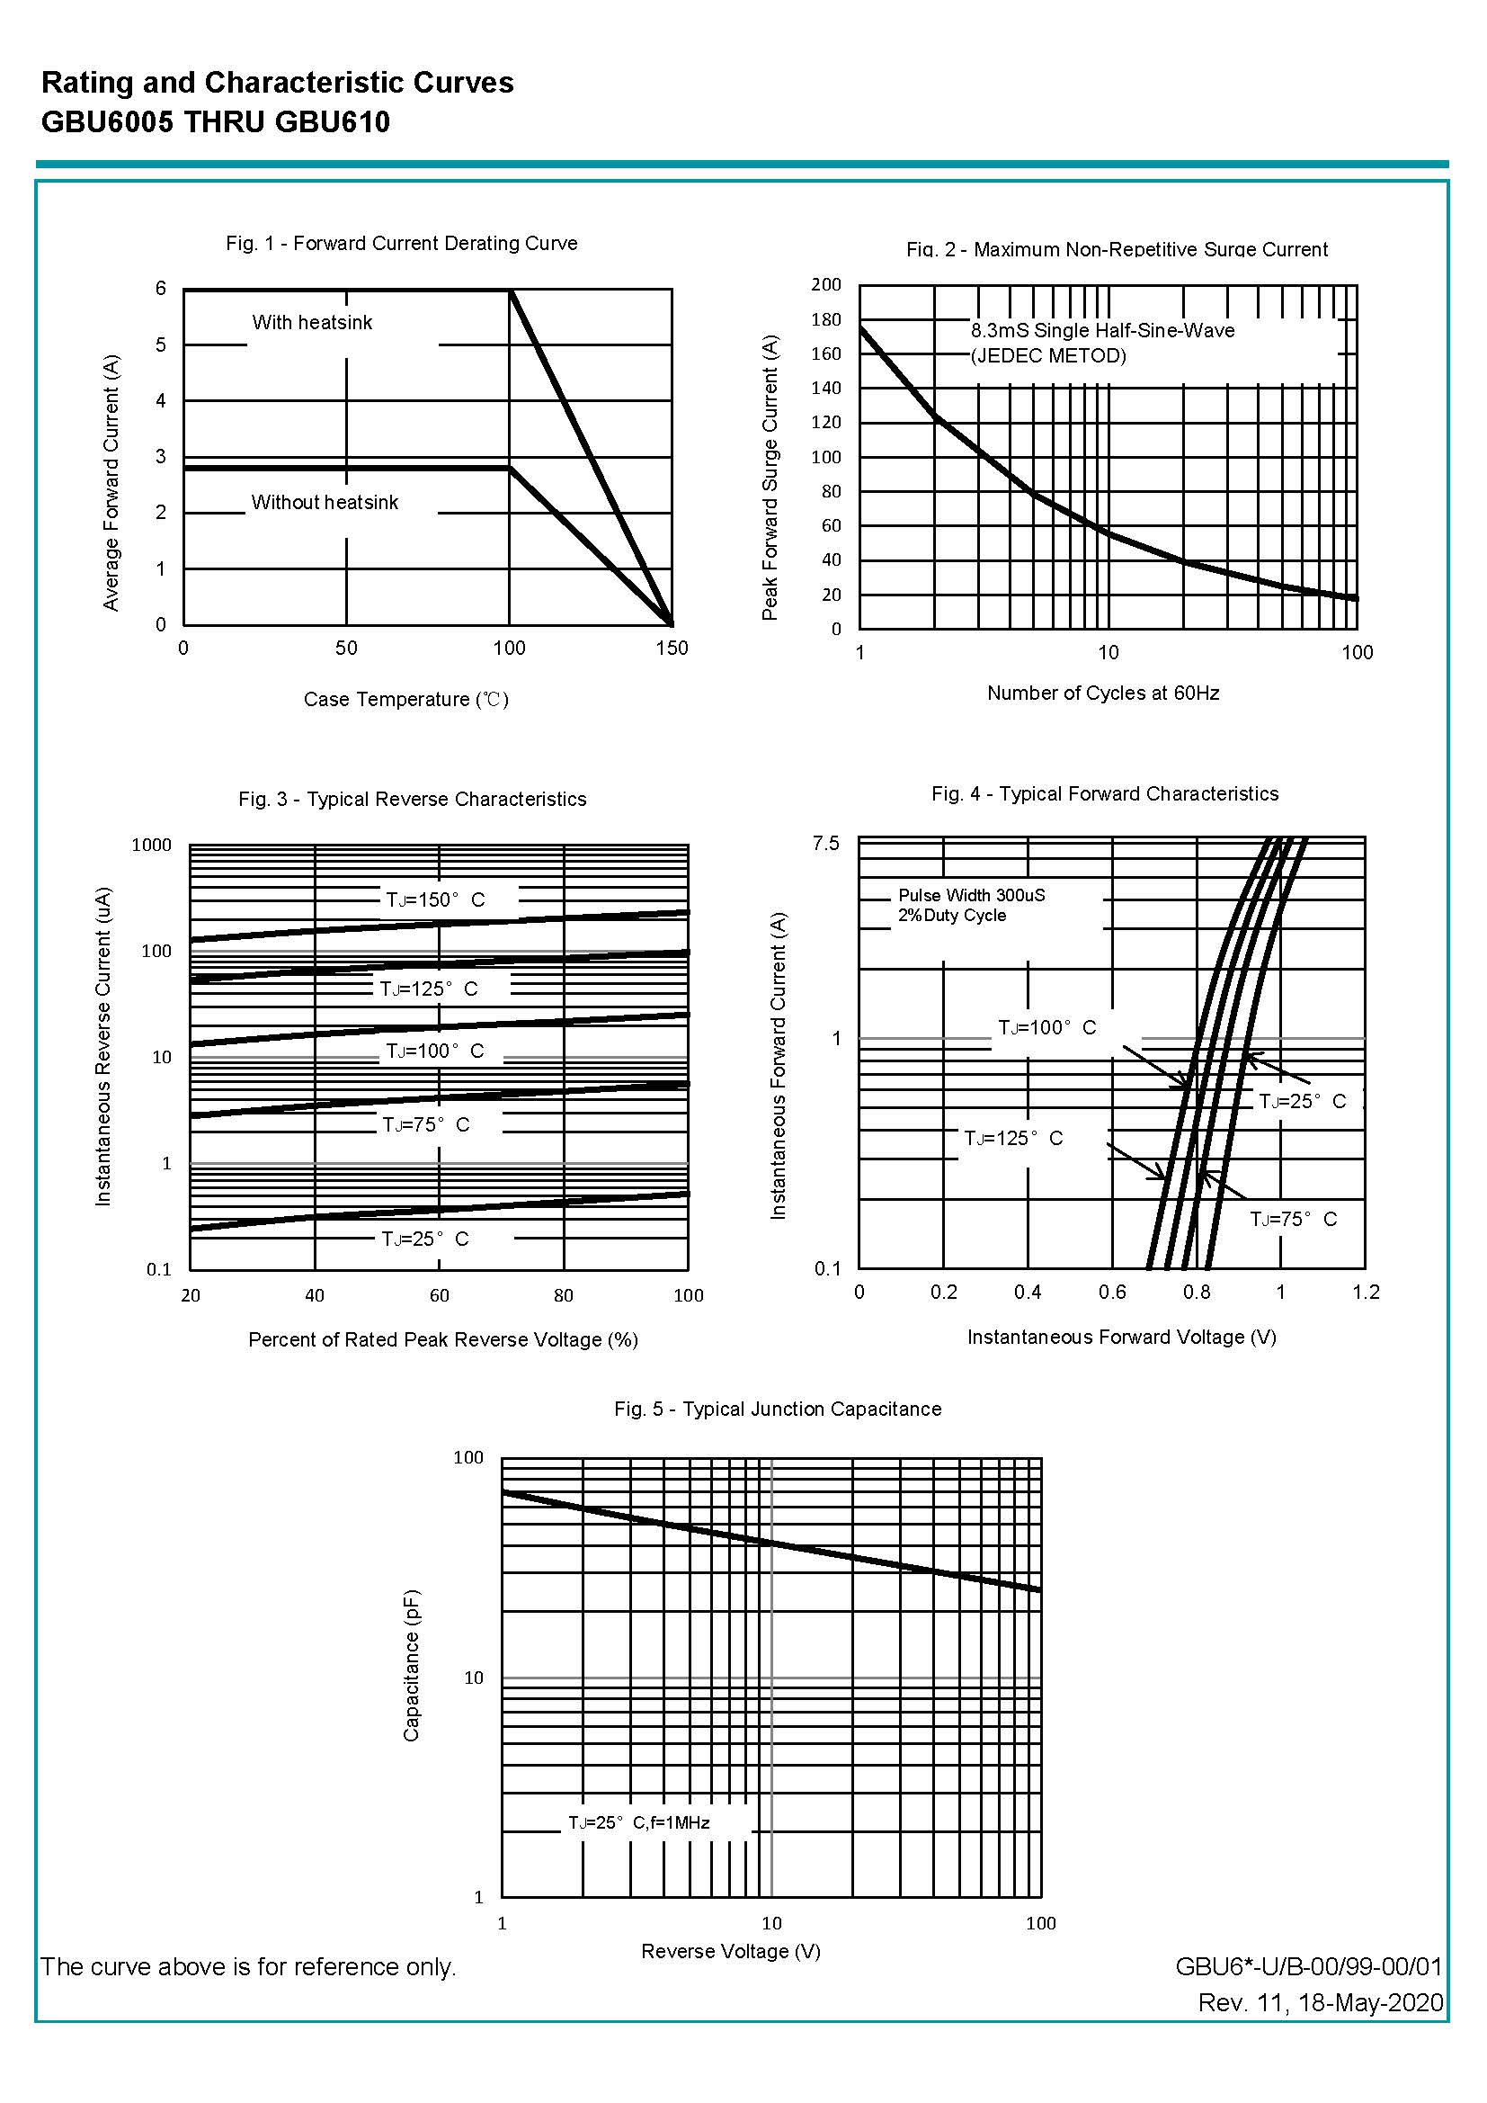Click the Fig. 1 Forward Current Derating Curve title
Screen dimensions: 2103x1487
pos(401,244)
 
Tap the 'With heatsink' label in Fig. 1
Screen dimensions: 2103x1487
pos(312,322)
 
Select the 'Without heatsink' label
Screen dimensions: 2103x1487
pos(325,502)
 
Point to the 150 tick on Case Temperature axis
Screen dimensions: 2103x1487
pos(672,649)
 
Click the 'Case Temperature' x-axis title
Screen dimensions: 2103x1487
pos(405,700)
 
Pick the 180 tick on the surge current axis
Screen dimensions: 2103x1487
pos(825,319)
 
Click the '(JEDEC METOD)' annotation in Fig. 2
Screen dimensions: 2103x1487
pos(1048,355)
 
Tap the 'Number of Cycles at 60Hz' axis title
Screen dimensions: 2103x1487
pos(1102,694)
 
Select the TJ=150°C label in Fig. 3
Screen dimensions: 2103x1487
pos(435,900)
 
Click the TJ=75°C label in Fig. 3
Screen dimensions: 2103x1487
pos(426,1124)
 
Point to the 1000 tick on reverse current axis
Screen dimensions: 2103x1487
pos(151,846)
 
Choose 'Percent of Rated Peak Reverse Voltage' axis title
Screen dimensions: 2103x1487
pos(442,1340)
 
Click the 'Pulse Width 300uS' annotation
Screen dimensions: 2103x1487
pos(971,895)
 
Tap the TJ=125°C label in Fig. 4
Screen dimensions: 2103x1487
pos(1012,1139)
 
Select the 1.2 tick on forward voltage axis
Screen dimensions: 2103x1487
pos(1366,1293)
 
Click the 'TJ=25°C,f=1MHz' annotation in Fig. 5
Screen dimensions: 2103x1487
pos(638,1822)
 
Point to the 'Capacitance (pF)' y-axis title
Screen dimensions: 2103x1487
pos(411,1665)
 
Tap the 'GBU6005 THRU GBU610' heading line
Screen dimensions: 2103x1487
pos(215,121)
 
